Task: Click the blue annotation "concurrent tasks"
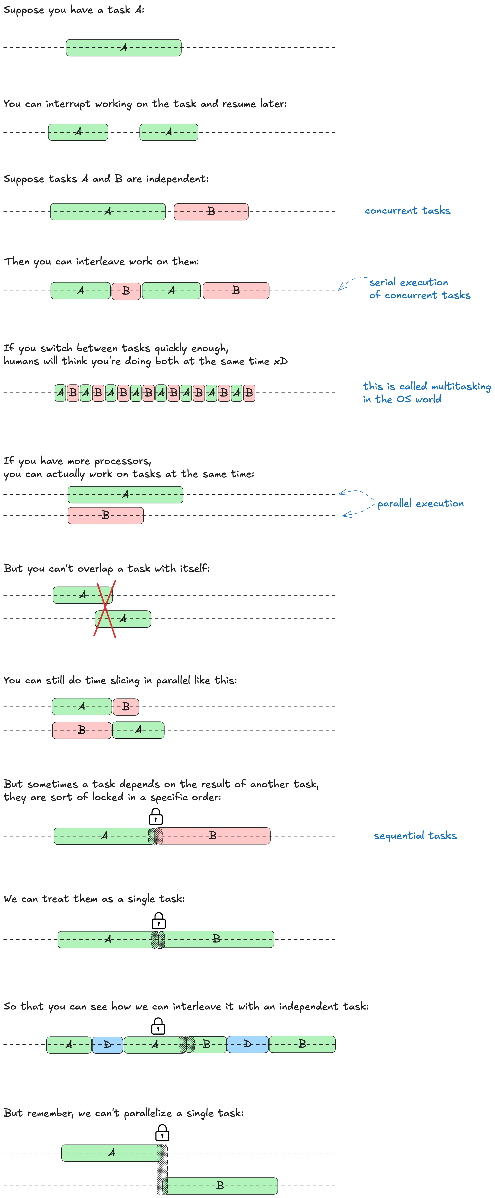pos(408,211)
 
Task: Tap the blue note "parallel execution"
pos(420,503)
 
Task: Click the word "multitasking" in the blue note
pos(461,386)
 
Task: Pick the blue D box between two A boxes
pos(108,1045)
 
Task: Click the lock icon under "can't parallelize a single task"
pos(162,1133)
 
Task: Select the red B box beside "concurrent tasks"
pos(211,212)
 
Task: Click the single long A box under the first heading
pos(124,47)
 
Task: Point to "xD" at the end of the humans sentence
pos(280,361)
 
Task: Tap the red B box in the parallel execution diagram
pos(106,515)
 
